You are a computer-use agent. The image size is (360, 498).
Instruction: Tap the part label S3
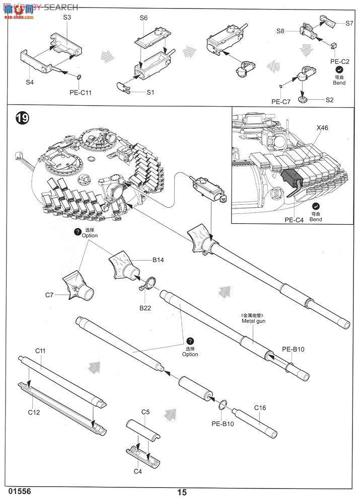67,18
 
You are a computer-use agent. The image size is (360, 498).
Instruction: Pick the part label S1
151,93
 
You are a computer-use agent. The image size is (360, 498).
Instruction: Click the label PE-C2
339,61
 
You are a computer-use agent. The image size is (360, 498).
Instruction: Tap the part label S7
349,23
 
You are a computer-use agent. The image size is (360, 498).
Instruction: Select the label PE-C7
281,102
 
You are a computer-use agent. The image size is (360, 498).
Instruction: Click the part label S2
329,100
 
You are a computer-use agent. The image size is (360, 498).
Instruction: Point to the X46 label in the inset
323,128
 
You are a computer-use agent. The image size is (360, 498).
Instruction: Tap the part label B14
159,260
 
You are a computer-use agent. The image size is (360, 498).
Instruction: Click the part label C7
49,295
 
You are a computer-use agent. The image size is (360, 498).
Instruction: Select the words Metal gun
253,320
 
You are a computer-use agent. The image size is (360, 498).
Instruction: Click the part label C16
260,407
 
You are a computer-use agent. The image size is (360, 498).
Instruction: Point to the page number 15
182,492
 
